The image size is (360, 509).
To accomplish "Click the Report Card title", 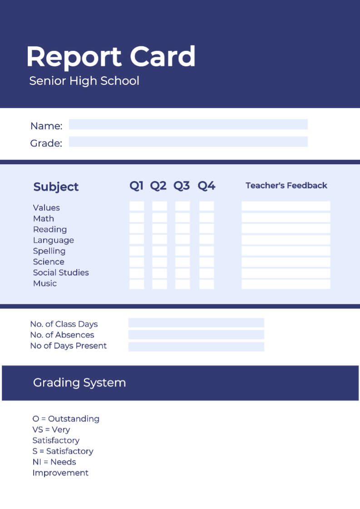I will (111, 57).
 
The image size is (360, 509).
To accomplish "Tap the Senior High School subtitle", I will (84, 81).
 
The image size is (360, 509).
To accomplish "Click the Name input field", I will (188, 124).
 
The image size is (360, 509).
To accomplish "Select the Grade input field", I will (188, 142).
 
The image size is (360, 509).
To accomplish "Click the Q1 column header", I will (136, 186).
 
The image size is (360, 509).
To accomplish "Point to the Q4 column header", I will (206, 186).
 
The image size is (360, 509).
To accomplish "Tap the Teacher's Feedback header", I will (286, 186).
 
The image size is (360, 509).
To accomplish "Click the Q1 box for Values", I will (137, 206).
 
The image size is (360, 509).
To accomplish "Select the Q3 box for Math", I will (182, 218).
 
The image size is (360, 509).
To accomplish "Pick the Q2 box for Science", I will (159, 262).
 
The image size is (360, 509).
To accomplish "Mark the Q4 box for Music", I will (207, 284).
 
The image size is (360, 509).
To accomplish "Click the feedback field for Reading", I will (286, 229).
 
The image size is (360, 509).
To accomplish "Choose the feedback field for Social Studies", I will (286, 273).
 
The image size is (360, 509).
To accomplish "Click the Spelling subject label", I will (49, 251).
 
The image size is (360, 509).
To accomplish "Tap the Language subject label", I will (53, 240).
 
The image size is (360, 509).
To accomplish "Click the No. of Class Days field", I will (196, 323).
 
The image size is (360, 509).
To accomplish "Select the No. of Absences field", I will (196, 335).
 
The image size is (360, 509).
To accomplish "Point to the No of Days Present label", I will (68, 346).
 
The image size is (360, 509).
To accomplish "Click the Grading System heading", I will (79, 382).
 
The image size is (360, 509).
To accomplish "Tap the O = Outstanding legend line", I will (66, 419).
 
